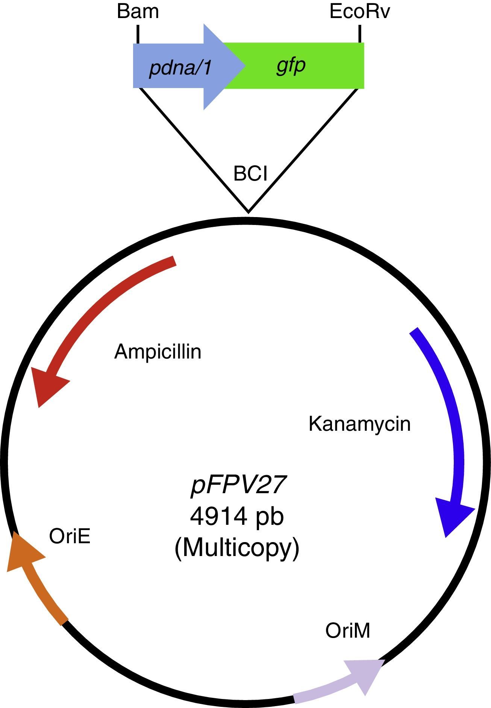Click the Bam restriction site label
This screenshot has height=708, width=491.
138,12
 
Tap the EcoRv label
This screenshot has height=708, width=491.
359,12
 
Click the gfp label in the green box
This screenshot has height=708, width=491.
291,65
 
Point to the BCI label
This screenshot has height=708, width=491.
250,174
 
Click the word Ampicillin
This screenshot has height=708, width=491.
158,352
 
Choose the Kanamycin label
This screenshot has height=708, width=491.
359,424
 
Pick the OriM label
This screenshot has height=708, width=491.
347,631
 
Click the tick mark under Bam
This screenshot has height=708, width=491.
138,34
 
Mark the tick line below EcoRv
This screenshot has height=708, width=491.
360,34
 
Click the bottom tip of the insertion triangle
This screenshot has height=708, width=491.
248,211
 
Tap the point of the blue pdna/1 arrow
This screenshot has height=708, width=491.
244,66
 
